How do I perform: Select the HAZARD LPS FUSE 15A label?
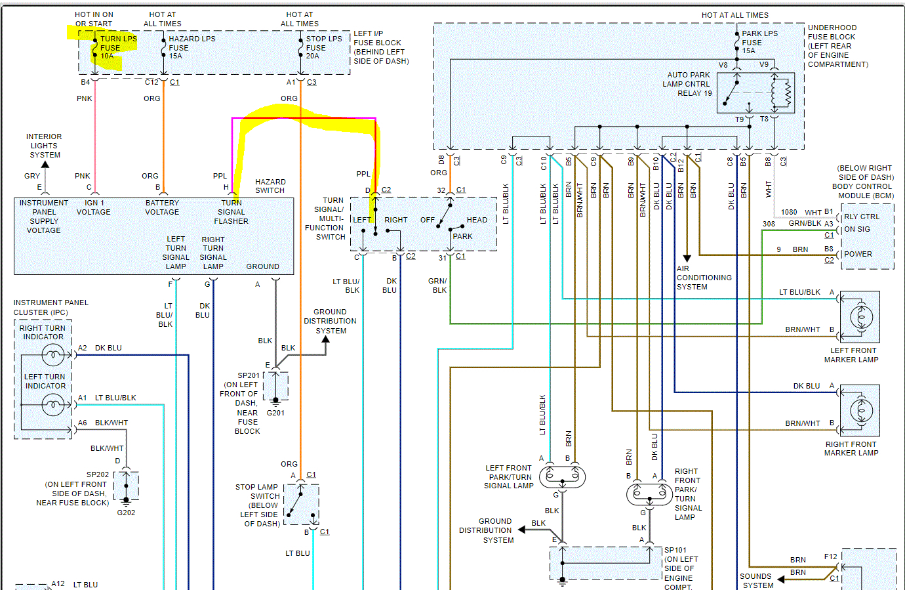point(192,47)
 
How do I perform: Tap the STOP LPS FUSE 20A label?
point(323,47)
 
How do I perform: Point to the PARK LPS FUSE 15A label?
point(759,42)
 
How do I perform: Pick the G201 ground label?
point(275,413)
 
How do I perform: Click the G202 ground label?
point(126,513)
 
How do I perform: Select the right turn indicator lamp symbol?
point(53,355)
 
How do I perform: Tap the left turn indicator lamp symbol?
point(53,405)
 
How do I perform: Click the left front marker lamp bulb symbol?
point(861,318)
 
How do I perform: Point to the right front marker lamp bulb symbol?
point(861,411)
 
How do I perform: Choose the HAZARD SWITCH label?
point(270,186)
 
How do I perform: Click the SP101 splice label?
point(675,550)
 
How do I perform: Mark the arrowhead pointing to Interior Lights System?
point(45,164)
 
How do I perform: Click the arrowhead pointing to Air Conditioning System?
point(687,259)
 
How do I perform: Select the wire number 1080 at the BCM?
point(789,212)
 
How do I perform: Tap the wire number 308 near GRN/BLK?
point(769,224)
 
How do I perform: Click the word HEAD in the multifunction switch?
point(477,220)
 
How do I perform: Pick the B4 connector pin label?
point(85,82)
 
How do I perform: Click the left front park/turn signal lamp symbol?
point(563,476)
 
